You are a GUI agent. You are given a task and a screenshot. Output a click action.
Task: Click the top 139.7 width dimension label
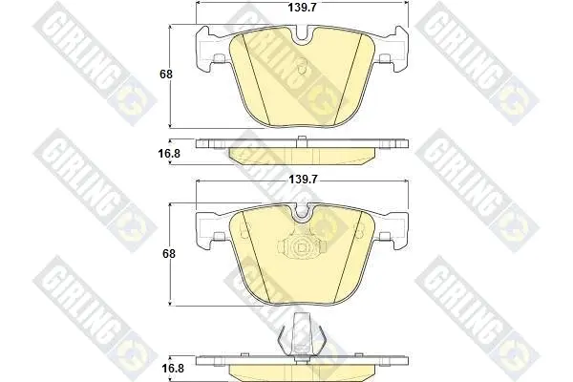click(302, 8)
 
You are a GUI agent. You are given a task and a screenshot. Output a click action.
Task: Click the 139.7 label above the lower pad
click(303, 180)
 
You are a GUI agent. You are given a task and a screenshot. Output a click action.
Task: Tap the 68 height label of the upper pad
click(166, 74)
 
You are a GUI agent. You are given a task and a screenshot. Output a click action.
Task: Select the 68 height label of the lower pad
click(169, 253)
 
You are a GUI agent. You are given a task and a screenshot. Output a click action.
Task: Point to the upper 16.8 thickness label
click(169, 154)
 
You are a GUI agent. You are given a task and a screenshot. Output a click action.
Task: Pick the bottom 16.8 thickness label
click(173, 368)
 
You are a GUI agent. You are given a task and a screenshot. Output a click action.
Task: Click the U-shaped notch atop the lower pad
click(302, 214)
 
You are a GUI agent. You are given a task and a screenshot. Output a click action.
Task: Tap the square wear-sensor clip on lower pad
click(302, 248)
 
